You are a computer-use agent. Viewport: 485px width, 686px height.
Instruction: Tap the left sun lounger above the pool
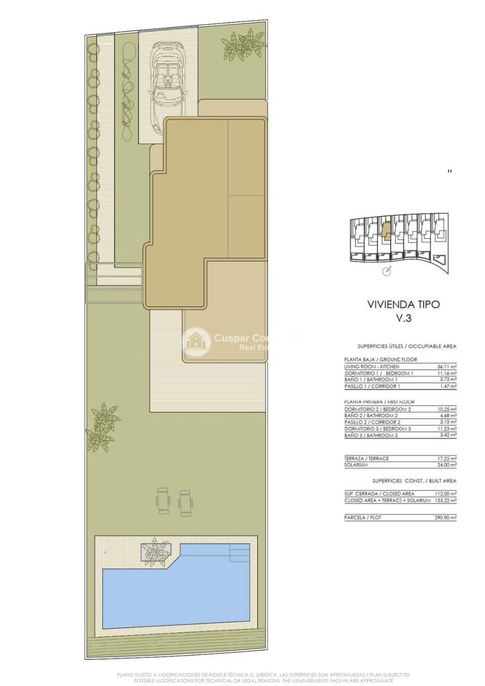point(162,501)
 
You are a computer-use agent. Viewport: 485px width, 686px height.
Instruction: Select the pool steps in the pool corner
point(238,553)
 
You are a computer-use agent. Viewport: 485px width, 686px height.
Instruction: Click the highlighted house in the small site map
point(386,228)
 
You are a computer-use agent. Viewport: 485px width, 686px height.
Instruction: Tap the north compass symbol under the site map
point(387,270)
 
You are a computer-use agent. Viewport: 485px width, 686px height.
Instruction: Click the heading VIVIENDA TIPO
point(403,304)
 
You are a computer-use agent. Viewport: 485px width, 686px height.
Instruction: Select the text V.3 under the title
point(404,319)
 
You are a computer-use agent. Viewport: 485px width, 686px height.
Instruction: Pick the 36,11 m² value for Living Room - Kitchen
point(446,366)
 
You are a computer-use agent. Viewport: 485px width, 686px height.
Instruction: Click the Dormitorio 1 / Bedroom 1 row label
point(379,373)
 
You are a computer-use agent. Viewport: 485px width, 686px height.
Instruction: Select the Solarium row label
point(356,465)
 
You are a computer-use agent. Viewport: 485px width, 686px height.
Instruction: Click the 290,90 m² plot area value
point(445,517)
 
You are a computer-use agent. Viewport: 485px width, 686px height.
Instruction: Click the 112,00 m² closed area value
point(445,493)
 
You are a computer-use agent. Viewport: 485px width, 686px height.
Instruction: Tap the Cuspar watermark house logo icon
point(196,342)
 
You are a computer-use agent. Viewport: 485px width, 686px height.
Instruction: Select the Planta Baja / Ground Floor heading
point(380,359)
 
